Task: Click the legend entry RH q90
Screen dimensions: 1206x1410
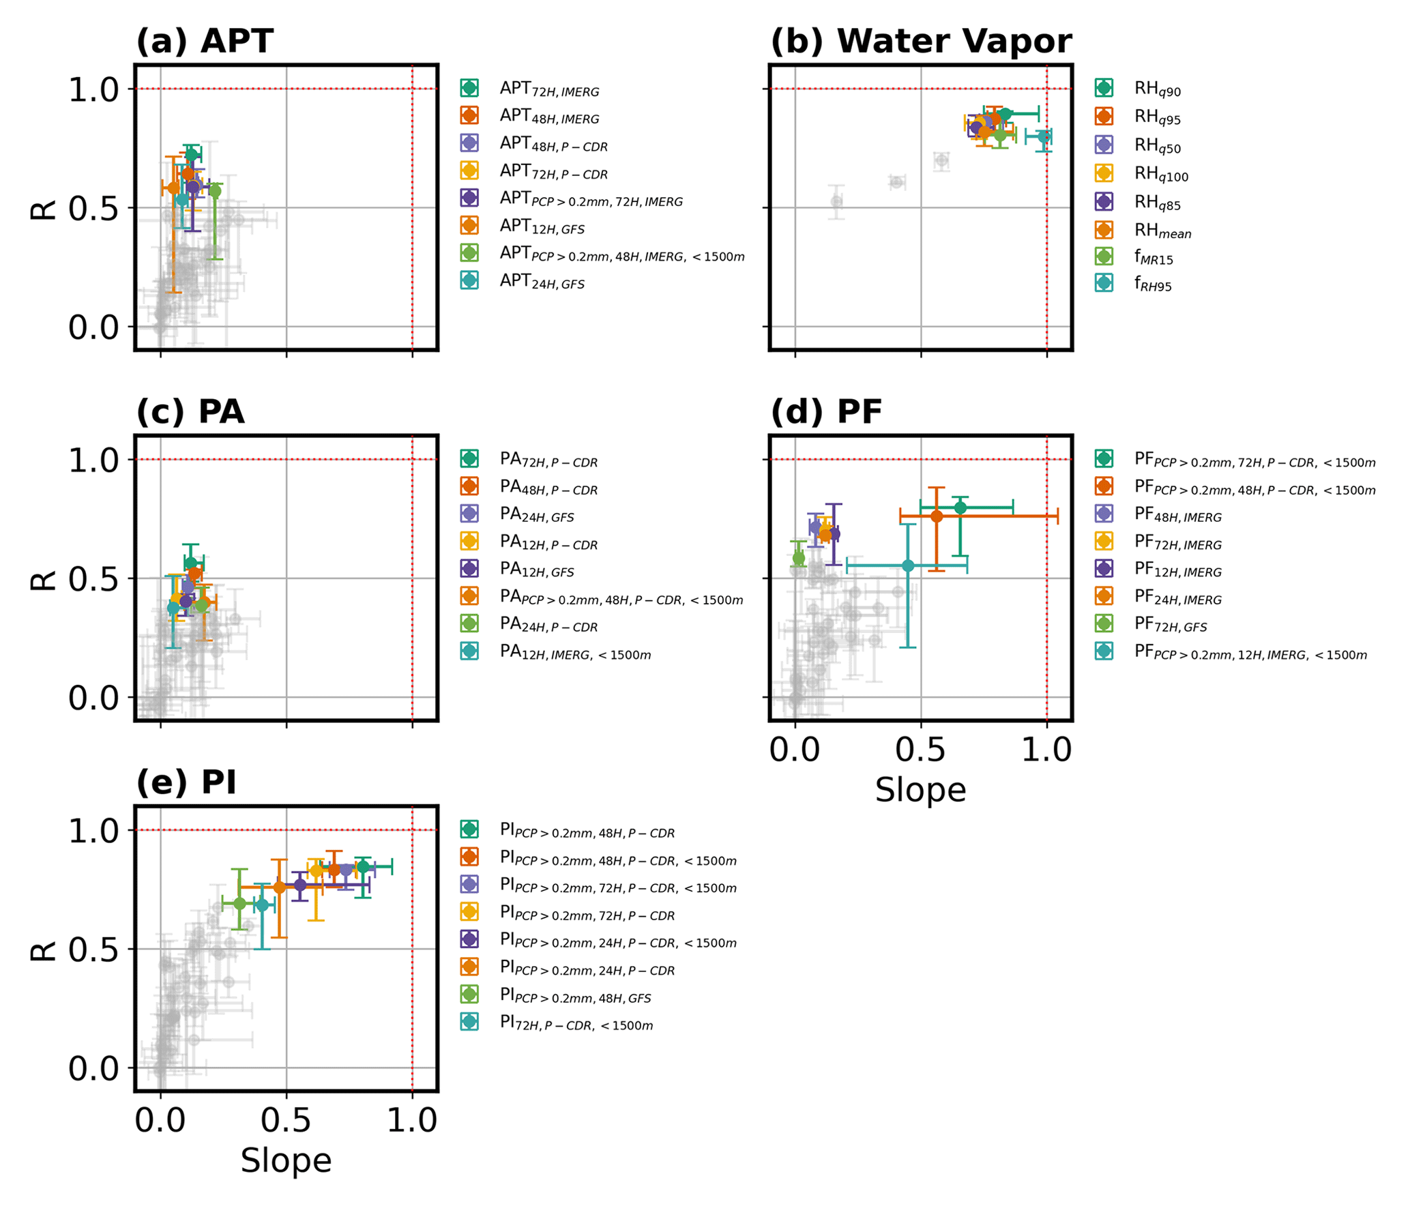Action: click(x=1157, y=89)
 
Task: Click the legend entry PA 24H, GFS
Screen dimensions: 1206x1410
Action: click(x=536, y=514)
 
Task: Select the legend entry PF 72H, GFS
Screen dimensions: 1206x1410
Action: click(x=1170, y=624)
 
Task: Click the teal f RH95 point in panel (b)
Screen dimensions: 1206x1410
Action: click(x=1043, y=137)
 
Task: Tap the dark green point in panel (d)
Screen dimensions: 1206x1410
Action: click(x=960, y=508)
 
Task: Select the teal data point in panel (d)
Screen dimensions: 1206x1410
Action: click(x=907, y=565)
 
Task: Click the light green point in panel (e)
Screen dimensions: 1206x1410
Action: click(x=239, y=903)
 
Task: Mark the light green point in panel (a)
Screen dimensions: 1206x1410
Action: click(x=215, y=191)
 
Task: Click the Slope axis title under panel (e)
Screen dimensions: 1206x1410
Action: click(x=286, y=1161)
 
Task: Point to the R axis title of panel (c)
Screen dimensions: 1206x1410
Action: click(x=44, y=578)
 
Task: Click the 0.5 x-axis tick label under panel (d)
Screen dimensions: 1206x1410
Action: click(x=920, y=750)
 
